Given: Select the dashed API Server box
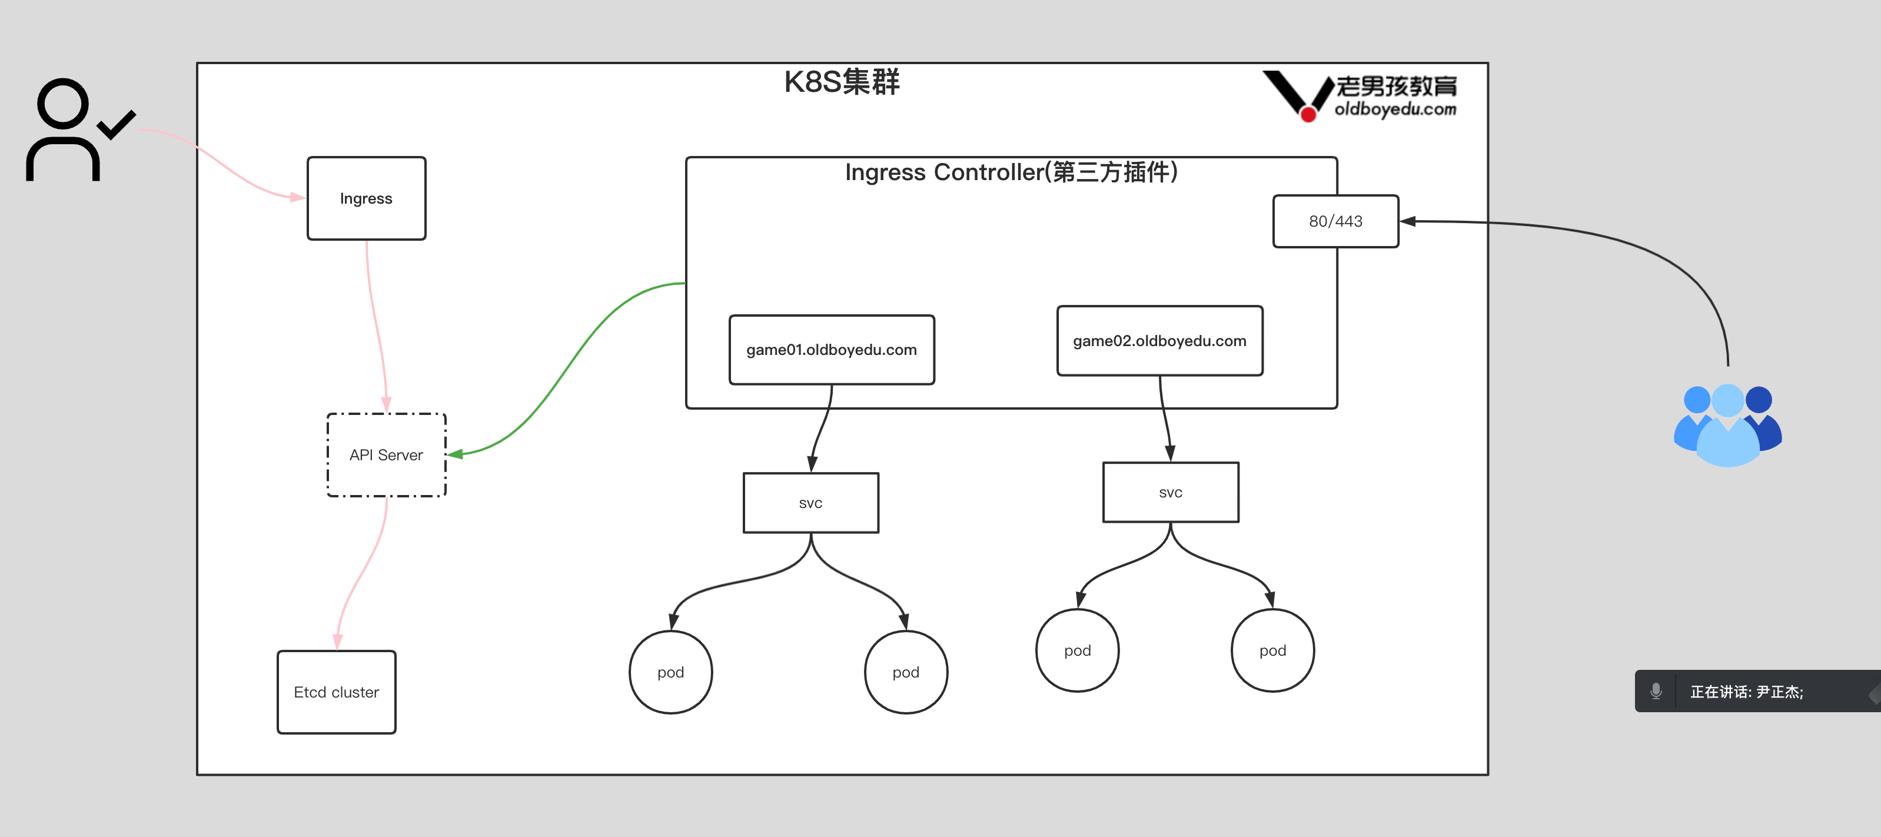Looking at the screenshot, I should tap(386, 455).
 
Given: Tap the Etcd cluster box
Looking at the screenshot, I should tap(337, 692).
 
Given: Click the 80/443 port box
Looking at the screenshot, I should tap(1335, 221).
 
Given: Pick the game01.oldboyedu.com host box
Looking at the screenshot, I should tap(832, 350).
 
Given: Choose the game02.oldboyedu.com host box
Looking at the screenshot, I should tap(1159, 341).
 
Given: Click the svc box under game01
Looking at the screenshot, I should tap(810, 503).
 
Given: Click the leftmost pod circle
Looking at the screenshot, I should tap(670, 672).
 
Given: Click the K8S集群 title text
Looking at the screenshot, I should tap(842, 82).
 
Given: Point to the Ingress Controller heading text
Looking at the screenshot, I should tap(1011, 172).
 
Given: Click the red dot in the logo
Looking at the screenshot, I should tap(1308, 114).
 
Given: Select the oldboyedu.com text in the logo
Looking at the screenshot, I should tap(1395, 109).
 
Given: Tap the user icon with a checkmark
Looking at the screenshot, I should tap(73, 130).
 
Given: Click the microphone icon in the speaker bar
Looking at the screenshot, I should tap(1656, 691).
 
